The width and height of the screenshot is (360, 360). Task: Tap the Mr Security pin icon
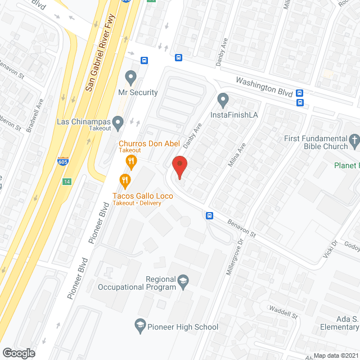click(x=131, y=76)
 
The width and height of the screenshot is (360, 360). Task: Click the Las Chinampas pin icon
click(x=118, y=121)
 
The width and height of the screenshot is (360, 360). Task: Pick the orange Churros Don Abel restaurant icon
click(x=131, y=163)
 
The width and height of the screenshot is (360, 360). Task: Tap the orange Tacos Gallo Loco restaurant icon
click(x=124, y=181)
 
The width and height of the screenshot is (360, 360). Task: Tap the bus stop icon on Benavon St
click(x=209, y=215)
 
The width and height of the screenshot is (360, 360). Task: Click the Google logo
click(x=19, y=353)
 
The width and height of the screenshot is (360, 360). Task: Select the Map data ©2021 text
click(x=335, y=355)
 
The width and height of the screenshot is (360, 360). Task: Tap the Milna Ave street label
click(x=236, y=155)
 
